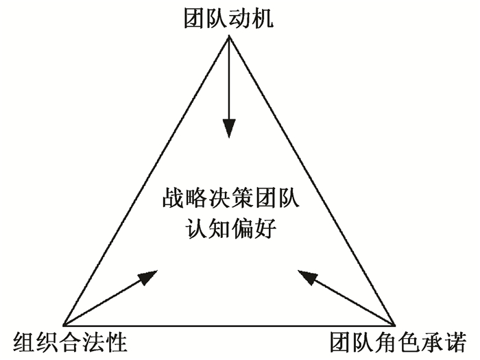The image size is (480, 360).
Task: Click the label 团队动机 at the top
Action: coord(229,16)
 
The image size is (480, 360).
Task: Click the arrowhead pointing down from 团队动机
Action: coord(229,128)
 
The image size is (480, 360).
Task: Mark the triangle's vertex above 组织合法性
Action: coord(64,324)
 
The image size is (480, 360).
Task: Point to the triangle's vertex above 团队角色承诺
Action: coord(396,324)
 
